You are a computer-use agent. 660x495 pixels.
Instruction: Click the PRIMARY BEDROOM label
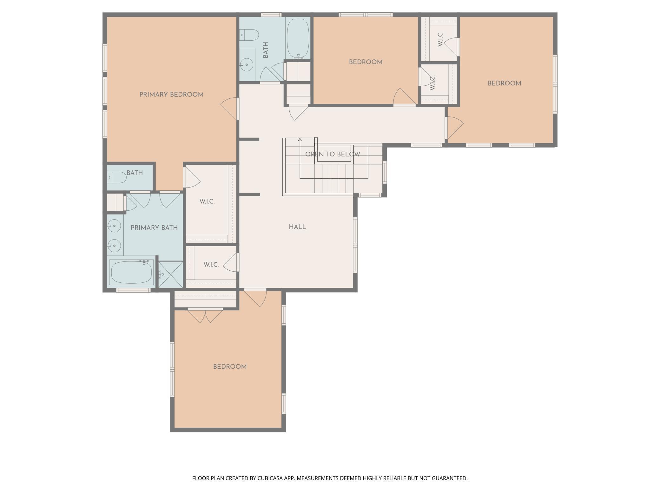171,95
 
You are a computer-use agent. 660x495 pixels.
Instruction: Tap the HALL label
297,227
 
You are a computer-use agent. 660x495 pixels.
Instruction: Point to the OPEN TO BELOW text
333,154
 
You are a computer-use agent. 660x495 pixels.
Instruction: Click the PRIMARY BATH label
154,228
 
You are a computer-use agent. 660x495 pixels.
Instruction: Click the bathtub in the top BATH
298,38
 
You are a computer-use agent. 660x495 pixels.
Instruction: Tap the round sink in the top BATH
246,65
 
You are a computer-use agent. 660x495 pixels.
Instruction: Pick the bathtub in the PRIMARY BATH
131,272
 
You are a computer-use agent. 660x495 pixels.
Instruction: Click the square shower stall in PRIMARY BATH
170,274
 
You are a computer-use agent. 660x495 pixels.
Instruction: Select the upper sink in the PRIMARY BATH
114,226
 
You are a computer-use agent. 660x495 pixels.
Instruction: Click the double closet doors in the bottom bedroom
205,316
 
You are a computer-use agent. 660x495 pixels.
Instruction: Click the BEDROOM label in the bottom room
230,366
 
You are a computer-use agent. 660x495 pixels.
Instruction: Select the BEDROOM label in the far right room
504,83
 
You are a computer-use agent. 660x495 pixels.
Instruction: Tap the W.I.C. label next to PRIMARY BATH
207,201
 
